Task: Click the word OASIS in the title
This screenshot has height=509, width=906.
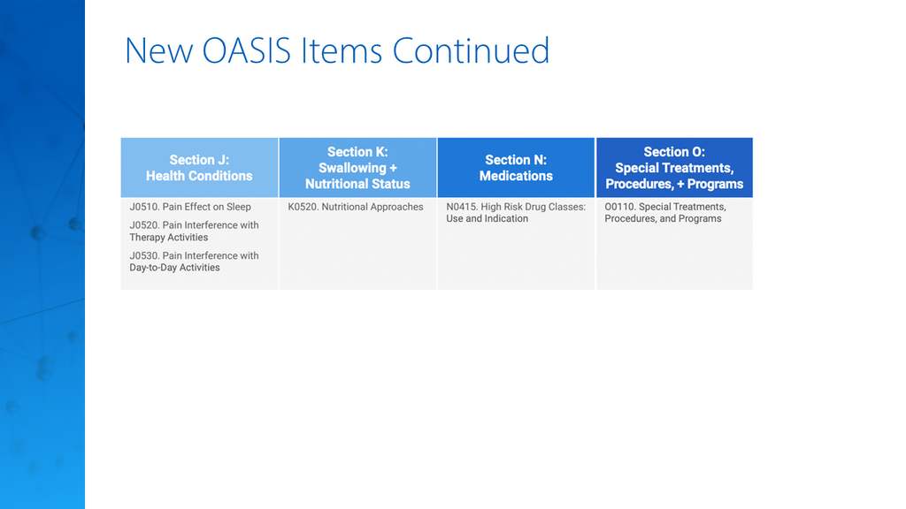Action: [x=246, y=50]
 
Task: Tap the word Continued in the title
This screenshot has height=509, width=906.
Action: [x=471, y=50]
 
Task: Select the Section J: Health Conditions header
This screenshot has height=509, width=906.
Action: [x=199, y=168]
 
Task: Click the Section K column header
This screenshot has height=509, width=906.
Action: [x=357, y=168]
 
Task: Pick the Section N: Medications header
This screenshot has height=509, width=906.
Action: [x=516, y=168]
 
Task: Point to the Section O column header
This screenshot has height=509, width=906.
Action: [x=674, y=168]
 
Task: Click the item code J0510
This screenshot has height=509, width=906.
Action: [x=144, y=207]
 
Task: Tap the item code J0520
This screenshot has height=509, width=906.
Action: [x=144, y=225]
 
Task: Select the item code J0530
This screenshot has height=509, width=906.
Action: [x=144, y=255]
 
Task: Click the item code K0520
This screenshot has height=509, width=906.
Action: [x=303, y=207]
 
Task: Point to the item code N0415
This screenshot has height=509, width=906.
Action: [x=461, y=207]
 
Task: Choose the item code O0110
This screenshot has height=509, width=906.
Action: [x=619, y=207]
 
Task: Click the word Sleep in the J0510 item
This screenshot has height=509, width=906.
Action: [x=239, y=207]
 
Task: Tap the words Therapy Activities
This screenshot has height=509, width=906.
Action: [x=169, y=237]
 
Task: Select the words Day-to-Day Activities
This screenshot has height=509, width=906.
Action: [x=174, y=268]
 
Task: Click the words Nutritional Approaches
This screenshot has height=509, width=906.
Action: [x=372, y=207]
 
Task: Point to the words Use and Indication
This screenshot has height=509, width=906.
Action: [x=488, y=219]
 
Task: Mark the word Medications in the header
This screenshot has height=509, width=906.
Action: [x=516, y=176]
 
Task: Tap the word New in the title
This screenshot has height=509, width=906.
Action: [x=159, y=50]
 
